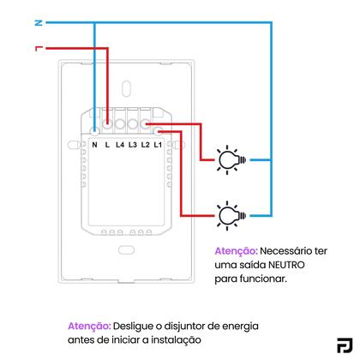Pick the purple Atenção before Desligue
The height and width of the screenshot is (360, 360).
click(x=89, y=327)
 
